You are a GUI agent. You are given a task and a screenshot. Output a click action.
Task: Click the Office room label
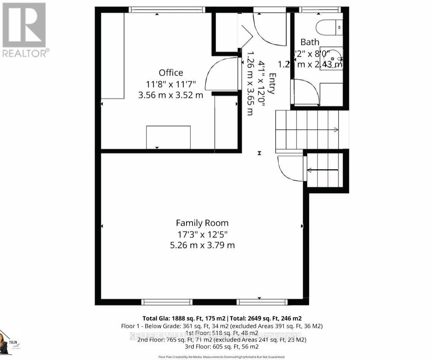[x=171, y=73]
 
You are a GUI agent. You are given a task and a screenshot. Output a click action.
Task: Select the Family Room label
[x=202, y=223]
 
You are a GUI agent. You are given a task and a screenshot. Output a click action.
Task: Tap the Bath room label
[x=310, y=42]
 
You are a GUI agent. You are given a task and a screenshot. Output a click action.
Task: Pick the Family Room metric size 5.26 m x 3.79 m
[x=202, y=246]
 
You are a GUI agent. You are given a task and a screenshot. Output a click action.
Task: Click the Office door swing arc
[x=221, y=74]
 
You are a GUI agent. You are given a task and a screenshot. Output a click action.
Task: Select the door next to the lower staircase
[x=290, y=168]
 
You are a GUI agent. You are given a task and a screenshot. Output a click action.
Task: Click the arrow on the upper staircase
[x=335, y=129]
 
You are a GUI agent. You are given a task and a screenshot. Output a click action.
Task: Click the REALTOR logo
[x=25, y=30]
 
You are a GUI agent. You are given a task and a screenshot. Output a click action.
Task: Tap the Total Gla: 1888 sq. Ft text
[x=184, y=318]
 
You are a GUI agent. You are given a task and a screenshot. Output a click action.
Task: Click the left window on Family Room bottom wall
[x=167, y=302]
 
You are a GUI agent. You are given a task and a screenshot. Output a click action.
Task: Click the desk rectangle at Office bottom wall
[x=168, y=137]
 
